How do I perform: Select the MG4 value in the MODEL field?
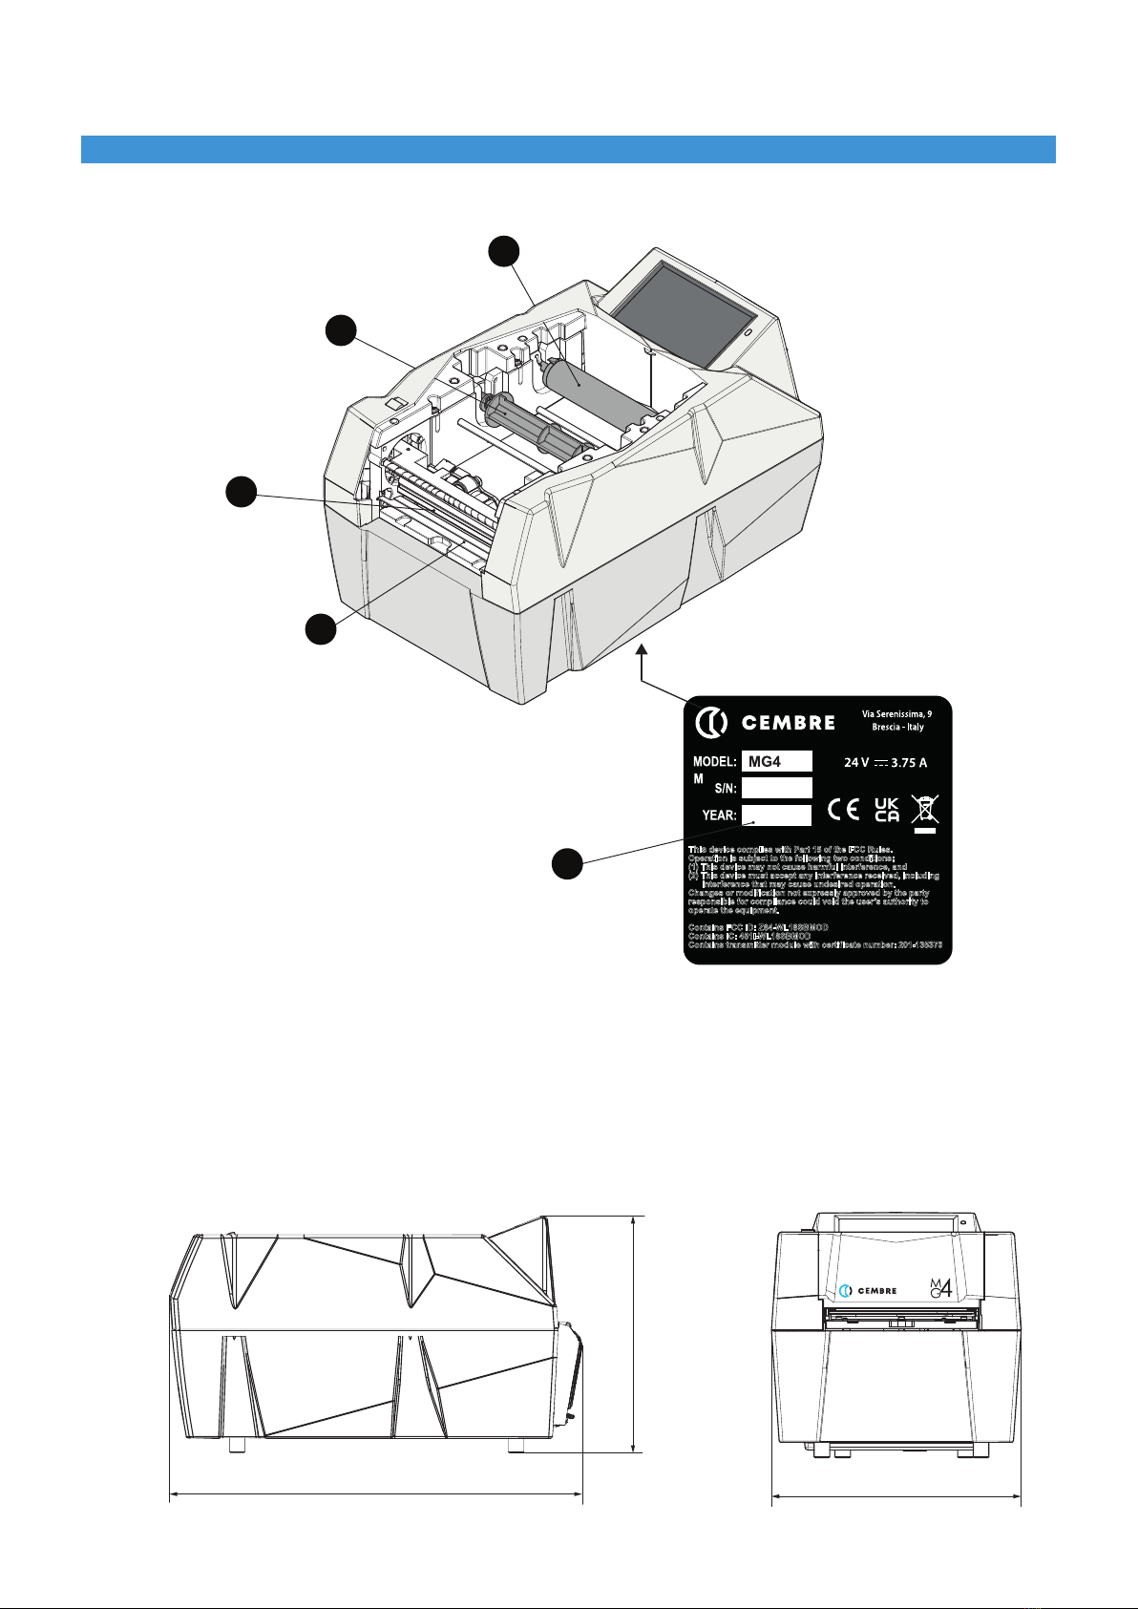pyautogui.click(x=776, y=761)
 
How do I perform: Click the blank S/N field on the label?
pyautogui.click(x=776, y=788)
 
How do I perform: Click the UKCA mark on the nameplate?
pyautogui.click(x=887, y=810)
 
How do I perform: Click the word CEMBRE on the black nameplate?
pyautogui.click(x=789, y=723)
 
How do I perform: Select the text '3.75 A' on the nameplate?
pyautogui.click(x=909, y=763)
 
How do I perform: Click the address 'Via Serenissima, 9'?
pyautogui.click(x=896, y=713)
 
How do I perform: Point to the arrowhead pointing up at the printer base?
pyautogui.click(x=642, y=650)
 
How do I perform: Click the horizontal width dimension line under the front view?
pyautogui.click(x=896, y=1498)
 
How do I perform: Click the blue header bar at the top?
pyautogui.click(x=568, y=149)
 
